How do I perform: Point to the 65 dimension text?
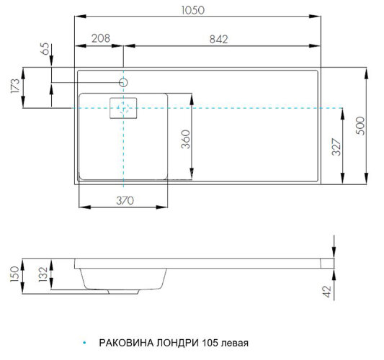[46, 50]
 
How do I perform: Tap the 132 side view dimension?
[43, 274]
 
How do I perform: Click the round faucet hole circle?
[124, 82]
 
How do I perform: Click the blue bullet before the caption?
[84, 343]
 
